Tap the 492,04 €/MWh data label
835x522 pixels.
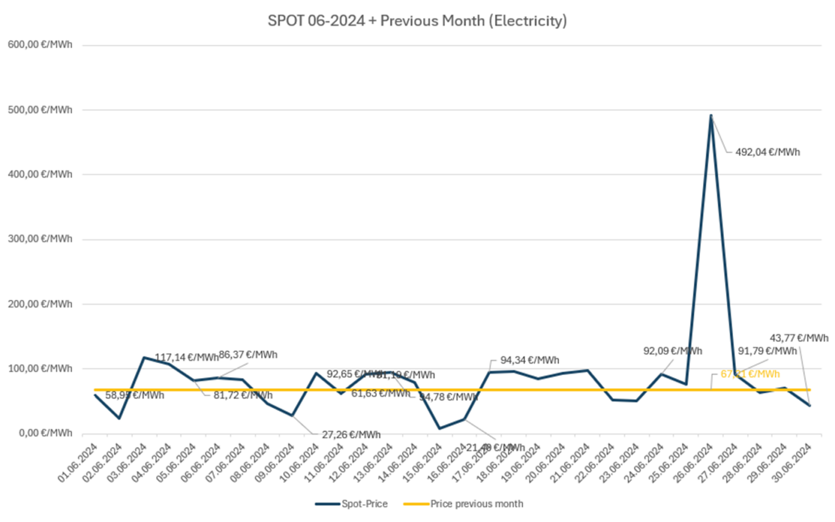point(767,152)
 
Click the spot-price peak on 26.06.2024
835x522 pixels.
point(711,115)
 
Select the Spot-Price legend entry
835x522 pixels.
point(352,504)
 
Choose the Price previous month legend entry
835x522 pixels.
point(464,504)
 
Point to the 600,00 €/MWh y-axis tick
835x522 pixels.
point(40,45)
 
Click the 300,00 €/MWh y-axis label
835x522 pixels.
point(40,239)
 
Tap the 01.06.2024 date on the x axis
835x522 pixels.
point(78,463)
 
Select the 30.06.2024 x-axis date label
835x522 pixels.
point(793,463)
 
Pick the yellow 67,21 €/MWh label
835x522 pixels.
point(750,374)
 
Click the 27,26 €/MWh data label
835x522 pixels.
point(351,435)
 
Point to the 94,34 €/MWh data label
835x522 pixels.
point(529,360)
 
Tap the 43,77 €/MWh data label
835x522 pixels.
point(799,338)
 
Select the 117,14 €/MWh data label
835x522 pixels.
point(186,357)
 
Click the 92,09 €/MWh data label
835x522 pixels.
point(672,351)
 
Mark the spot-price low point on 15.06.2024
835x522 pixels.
point(439,428)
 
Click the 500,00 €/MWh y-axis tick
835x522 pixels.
point(40,110)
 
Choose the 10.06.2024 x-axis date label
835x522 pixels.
point(300,463)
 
